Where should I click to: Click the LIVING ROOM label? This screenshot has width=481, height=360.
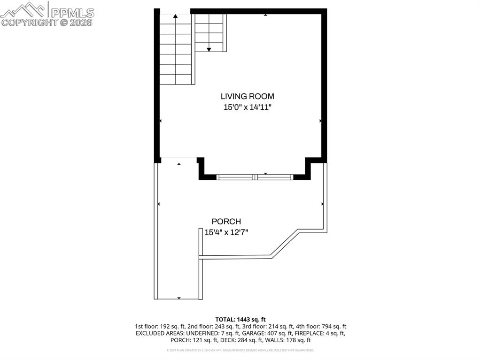pos(248,96)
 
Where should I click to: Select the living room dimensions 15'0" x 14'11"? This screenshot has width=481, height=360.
pos(248,107)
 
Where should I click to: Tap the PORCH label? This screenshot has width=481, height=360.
pos(226,222)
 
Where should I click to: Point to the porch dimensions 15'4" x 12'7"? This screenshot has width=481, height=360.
pos(226,232)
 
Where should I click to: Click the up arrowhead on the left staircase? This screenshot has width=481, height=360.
pos(176,16)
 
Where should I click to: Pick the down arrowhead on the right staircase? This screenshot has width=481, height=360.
pos(209,49)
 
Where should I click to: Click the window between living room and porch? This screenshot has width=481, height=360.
pos(255,177)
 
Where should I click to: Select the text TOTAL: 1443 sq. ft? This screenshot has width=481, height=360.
pos(240,320)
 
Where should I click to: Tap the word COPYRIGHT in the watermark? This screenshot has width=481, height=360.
pos(30,22)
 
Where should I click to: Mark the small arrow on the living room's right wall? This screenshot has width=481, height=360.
pos(321,121)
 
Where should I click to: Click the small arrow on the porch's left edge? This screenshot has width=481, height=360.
pos(159,204)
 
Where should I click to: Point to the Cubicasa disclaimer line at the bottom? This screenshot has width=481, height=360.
pos(240,350)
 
